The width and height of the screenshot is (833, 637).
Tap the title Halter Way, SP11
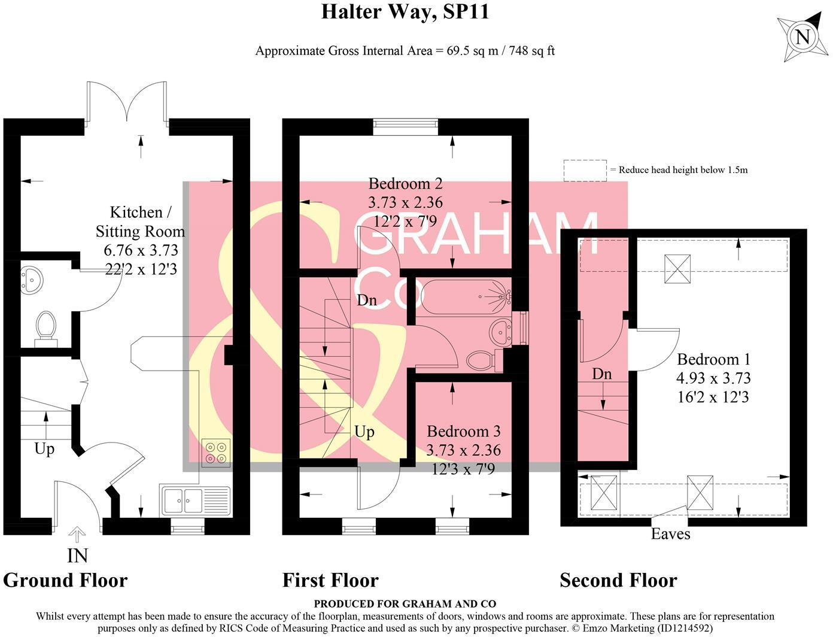pos(405,11)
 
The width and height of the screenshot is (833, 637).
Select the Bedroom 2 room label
pos(405,184)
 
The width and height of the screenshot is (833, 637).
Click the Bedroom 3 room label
pos(463,432)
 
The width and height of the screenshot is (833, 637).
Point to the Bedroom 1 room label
pos(713,360)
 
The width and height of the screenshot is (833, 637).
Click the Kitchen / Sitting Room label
pos(140,222)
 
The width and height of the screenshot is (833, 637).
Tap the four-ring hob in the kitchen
pos(216,453)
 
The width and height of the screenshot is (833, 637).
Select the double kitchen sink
pos(194,500)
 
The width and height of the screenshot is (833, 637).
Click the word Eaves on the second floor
pos(670,534)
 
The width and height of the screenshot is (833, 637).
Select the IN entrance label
pos(77,556)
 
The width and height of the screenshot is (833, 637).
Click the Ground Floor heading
pos(65,580)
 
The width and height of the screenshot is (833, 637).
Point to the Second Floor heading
pos(618,580)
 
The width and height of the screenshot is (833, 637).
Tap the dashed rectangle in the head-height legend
pos(585,170)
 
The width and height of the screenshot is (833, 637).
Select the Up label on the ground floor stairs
pos(44,449)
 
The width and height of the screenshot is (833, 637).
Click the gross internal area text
pos(405,51)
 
